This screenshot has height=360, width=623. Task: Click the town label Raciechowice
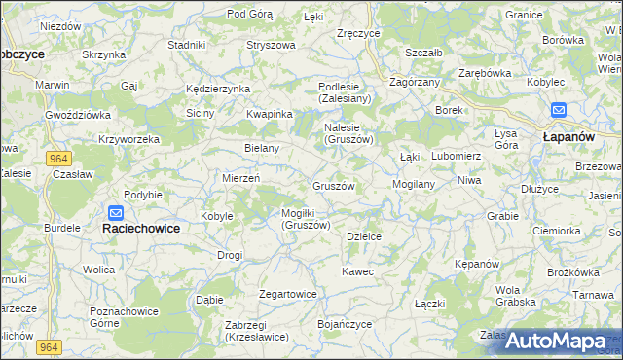[146, 229]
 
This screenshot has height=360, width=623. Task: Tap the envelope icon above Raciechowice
[116, 213]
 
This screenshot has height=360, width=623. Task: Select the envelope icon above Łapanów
[559, 111]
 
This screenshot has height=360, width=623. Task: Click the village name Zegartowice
[288, 294]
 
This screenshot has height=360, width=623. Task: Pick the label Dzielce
[363, 236]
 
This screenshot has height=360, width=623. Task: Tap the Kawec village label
[357, 271]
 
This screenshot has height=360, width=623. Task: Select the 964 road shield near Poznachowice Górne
[50, 346]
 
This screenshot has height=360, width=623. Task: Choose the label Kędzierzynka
[218, 89]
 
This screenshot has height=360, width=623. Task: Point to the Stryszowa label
[271, 45]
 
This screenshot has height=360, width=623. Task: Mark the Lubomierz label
[456, 156]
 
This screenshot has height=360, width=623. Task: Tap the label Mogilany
[413, 183]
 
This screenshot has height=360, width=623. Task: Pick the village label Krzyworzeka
[128, 139]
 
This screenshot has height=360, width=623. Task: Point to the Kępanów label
[477, 264]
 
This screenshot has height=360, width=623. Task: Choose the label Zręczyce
[357, 33]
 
